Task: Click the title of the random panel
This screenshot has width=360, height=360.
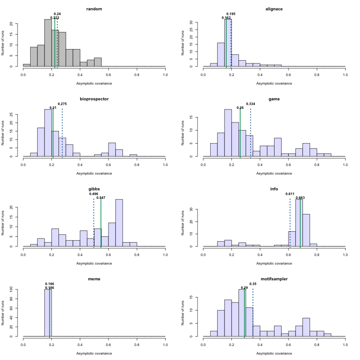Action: click(x=94, y=9)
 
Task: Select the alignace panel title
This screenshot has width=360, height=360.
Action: click(x=274, y=9)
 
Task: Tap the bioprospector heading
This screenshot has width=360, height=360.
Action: click(x=94, y=99)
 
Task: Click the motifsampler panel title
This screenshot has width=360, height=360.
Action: click(x=274, y=279)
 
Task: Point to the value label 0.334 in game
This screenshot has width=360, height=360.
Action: click(x=251, y=104)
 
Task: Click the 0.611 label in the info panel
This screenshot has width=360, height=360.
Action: click(x=290, y=194)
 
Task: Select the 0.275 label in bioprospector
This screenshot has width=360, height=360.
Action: click(x=62, y=104)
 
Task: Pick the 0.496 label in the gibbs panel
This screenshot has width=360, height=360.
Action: click(x=94, y=194)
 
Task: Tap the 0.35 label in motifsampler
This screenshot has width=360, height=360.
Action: click(x=253, y=284)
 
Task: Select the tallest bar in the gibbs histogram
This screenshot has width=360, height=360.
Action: click(x=119, y=223)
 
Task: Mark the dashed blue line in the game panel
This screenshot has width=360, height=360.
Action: click(x=251, y=135)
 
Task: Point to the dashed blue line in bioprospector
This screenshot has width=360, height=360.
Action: click(x=62, y=135)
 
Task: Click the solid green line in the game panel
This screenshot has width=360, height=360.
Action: click(x=240, y=135)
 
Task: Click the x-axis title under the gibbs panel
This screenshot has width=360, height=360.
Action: click(x=94, y=263)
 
